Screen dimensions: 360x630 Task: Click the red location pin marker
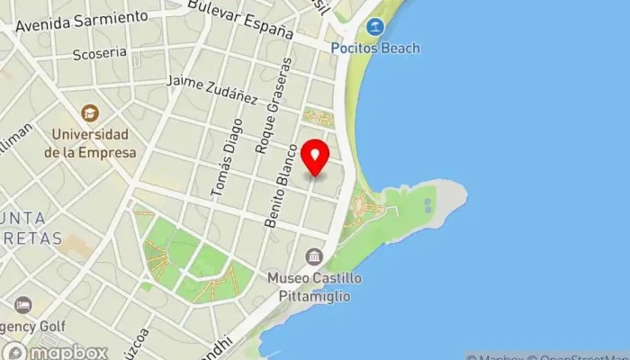coord(315,158)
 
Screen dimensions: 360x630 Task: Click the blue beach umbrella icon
coord(376,27)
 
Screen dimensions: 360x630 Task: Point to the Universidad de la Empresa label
coord(90,144)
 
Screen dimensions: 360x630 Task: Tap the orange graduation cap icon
coord(90,114)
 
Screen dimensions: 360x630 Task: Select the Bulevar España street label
coord(240,18)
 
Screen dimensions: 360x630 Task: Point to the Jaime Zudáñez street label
coord(212,90)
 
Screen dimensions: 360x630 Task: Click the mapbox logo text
coord(67,352)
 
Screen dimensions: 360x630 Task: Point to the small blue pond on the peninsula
coord(427,204)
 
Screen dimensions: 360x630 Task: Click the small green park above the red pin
coord(318,117)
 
